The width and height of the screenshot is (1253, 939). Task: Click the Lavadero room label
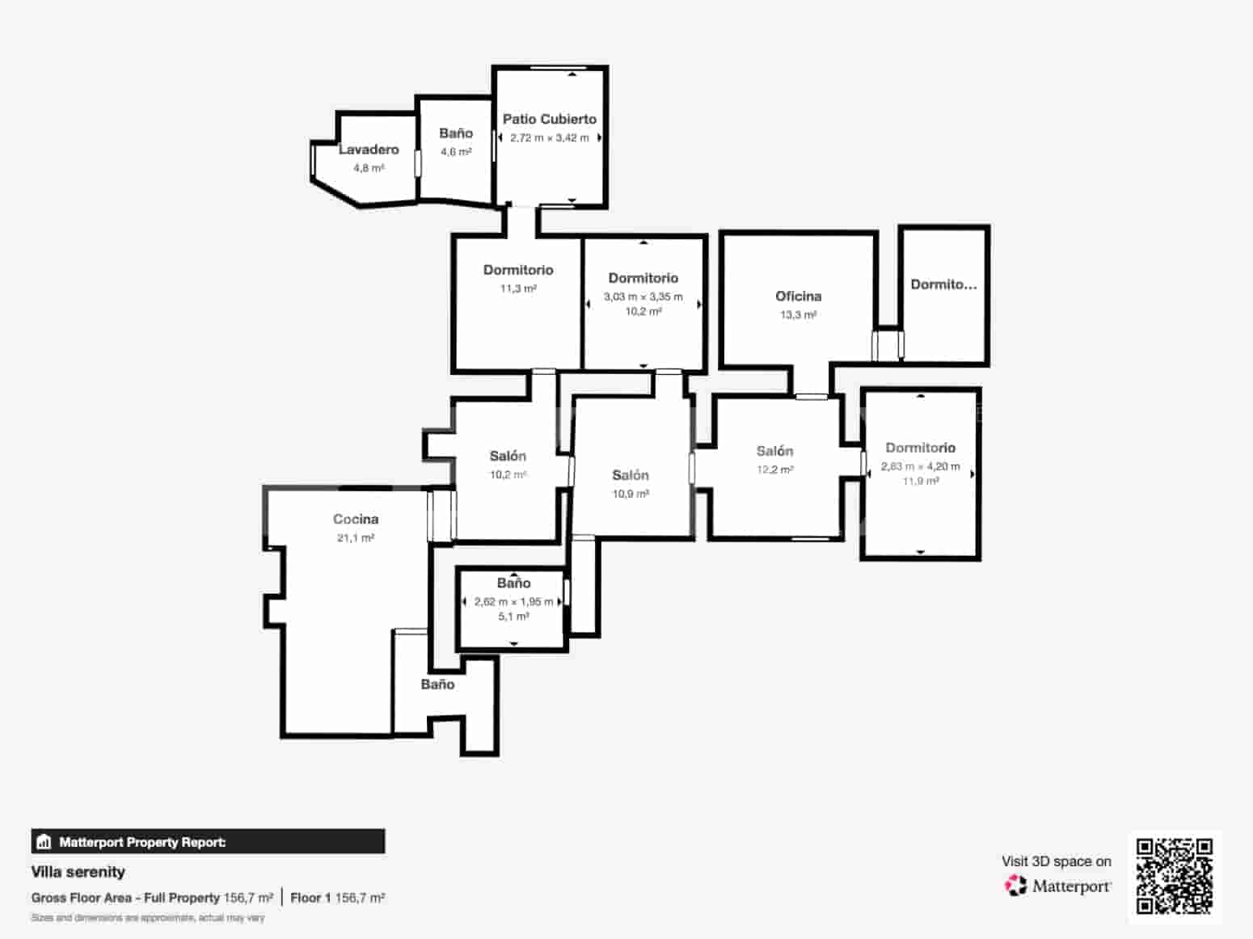click(x=369, y=149)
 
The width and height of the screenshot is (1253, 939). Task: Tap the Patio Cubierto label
click(x=550, y=119)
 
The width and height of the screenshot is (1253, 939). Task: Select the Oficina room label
click(x=798, y=297)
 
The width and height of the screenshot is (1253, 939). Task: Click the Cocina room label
click(x=356, y=520)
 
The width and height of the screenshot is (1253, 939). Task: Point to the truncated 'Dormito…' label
click(x=943, y=284)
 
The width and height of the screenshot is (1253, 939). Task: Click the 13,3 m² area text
click(x=798, y=315)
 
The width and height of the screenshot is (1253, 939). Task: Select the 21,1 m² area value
click(x=356, y=538)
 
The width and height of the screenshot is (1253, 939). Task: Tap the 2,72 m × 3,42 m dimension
click(x=550, y=138)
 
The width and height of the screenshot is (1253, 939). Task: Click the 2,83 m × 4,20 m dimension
click(x=920, y=466)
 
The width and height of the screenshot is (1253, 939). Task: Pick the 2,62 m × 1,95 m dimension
click(x=513, y=602)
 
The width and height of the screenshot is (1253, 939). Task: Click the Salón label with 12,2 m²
click(x=774, y=451)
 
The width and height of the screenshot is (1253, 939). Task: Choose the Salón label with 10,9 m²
click(x=631, y=475)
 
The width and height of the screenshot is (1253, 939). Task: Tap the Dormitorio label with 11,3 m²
click(x=518, y=270)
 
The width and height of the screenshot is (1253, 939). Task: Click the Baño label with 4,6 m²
click(x=456, y=133)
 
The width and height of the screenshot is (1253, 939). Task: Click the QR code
click(x=1175, y=877)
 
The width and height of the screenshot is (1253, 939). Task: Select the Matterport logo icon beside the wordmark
click(x=1016, y=886)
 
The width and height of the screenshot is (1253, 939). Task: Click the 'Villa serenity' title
click(x=78, y=872)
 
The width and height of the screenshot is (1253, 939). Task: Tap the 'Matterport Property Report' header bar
click(x=208, y=842)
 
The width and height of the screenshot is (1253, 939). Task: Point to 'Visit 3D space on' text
click(x=1056, y=861)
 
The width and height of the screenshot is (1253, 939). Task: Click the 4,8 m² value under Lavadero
click(x=369, y=168)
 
